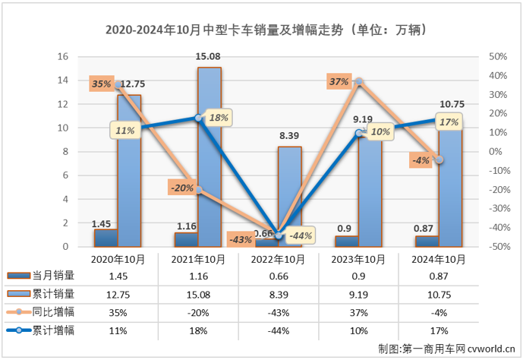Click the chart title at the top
tap(261, 30)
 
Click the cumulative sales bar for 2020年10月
tap(129, 171)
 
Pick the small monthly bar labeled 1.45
tap(106, 238)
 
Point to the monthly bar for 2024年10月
tap(426, 242)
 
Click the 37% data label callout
tap(339, 81)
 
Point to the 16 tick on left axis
tap(64, 57)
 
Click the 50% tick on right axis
tap(498, 57)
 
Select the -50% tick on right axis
tap(496, 247)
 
